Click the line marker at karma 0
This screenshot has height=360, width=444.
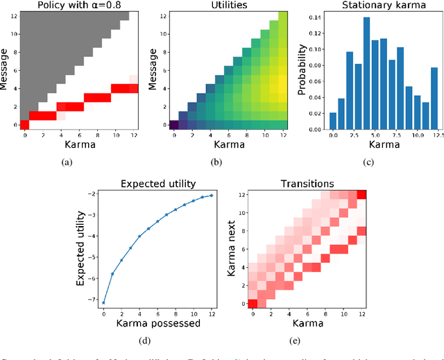(103, 302)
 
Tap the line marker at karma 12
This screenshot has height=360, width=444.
(192, 195)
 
